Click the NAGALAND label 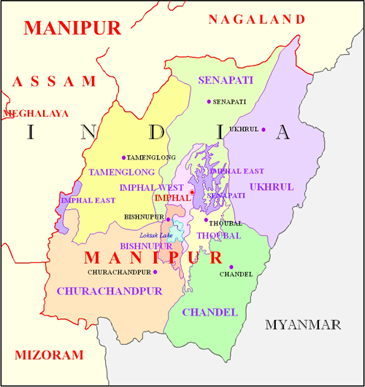coord(256,19)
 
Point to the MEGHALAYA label coord(36,114)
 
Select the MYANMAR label coord(303,324)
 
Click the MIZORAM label coord(49,355)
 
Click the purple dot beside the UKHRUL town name coord(264,130)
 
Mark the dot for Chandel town coord(231,267)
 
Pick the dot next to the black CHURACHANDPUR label coord(155,272)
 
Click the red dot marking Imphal coord(192,192)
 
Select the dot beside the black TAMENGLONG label coord(123,157)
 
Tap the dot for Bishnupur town coord(168,219)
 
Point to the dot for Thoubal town coord(206,219)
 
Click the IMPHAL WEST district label coord(152,187)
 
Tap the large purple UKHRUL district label coord(271,187)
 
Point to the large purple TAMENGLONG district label coord(122,173)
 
